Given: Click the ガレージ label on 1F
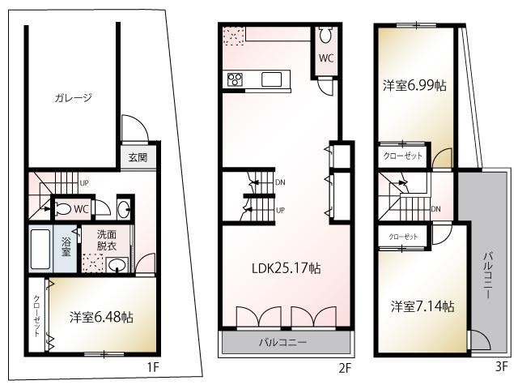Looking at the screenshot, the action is pos(73,97).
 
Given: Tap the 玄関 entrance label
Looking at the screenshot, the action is pos(138,157).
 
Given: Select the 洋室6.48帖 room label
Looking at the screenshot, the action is pos(101,317).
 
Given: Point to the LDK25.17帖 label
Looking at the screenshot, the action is pos(286,268).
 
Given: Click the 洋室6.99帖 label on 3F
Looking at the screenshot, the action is pos(414,85).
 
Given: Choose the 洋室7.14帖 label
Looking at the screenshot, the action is pos(422,306).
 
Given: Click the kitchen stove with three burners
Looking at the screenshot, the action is pos(235,79).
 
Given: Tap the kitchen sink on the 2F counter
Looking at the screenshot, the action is pos(272,79).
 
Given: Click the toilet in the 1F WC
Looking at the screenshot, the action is pos(64,209).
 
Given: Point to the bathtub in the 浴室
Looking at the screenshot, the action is pos(40,249).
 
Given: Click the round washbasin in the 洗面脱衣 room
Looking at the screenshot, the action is pos(117,265).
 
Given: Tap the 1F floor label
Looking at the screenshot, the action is pos(153,367).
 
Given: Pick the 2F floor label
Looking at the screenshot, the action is pos(344,368).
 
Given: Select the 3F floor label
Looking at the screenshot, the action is pos(501,366).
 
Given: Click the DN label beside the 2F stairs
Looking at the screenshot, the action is pos(280,182).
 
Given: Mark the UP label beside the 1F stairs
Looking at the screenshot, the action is pos(84,182).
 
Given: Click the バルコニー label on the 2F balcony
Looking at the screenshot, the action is pos(282,342).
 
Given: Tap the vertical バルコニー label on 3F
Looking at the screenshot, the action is pos(488,276).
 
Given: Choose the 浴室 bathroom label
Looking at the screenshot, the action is pos(66,246).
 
